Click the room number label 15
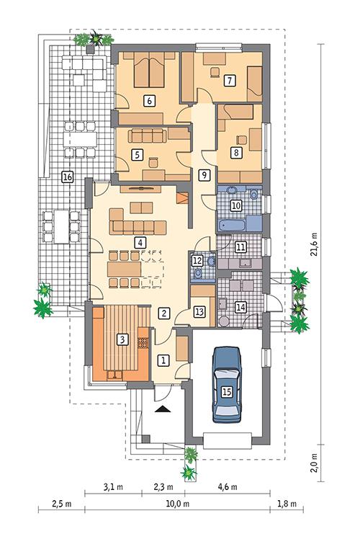227,392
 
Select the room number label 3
122,339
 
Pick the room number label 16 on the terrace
67,177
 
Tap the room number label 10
235,205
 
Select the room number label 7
229,80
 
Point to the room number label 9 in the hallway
204,174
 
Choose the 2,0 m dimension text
314,461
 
